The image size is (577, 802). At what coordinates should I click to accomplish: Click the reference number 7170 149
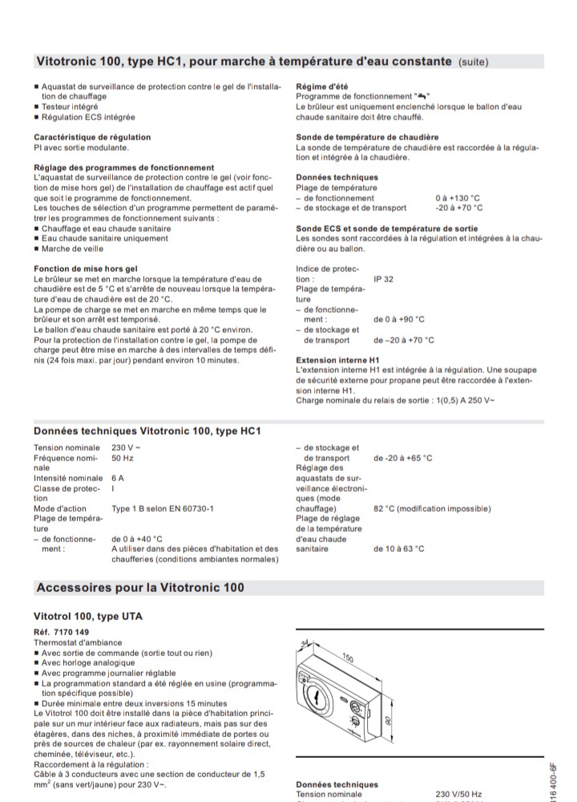pos(62,632)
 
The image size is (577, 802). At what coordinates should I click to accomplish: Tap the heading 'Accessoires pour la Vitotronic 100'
pos(140,588)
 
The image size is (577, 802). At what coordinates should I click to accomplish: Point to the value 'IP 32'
pos(384,279)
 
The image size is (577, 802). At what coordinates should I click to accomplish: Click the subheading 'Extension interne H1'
pos(337,360)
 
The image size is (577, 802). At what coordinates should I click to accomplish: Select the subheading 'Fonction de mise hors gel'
pos(87,269)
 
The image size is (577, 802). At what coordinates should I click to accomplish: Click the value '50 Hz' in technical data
pos(122,458)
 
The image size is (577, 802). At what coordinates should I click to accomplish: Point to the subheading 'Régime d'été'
pos(321,87)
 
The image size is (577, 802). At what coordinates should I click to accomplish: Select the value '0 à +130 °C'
pos(458,197)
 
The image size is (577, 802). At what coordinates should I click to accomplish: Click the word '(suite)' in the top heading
pos(473,61)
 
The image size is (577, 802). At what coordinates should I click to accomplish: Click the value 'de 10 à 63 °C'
pos(399,549)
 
